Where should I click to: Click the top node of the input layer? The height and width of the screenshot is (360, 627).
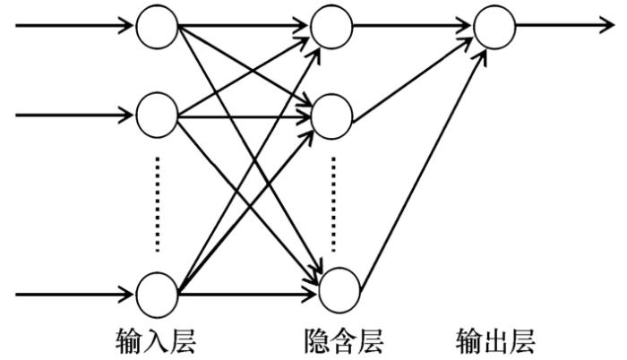point(157,25)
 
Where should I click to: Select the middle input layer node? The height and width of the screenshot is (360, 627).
point(157,115)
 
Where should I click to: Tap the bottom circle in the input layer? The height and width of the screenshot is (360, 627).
point(157,293)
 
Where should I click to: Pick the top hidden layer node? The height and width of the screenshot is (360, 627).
point(331,25)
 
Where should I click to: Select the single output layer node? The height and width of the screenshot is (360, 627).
point(494,25)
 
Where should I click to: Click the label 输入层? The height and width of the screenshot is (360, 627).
point(157,340)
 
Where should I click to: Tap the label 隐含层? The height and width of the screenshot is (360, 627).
point(338,340)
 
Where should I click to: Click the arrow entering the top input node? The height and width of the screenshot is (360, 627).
point(72,25)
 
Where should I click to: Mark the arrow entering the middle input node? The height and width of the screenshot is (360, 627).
point(72,115)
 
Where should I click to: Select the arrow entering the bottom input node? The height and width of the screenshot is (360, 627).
point(72,293)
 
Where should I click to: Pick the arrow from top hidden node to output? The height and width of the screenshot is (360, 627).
point(412,25)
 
